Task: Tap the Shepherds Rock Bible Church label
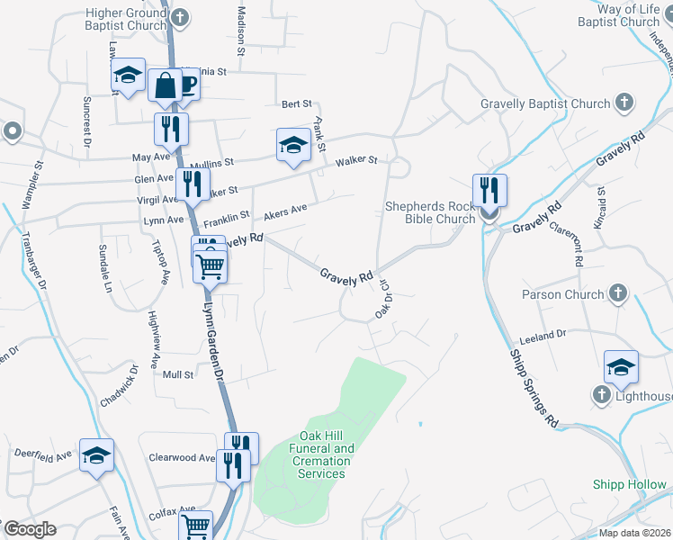click(x=429, y=212)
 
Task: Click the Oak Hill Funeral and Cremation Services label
click(x=321, y=454)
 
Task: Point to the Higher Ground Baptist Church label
click(x=127, y=19)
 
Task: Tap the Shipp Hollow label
click(x=630, y=484)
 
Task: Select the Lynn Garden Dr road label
click(x=212, y=333)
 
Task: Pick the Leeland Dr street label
click(x=543, y=337)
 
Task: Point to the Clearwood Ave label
click(x=183, y=457)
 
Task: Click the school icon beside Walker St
click(x=293, y=145)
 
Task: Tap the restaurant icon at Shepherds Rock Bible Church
click(x=489, y=191)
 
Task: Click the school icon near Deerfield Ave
click(x=96, y=454)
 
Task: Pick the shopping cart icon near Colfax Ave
click(x=195, y=526)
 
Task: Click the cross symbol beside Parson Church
click(x=617, y=293)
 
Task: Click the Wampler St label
click(x=32, y=185)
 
